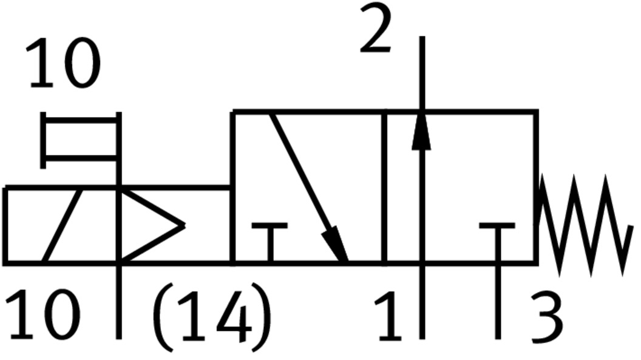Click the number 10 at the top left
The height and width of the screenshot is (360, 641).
point(63,63)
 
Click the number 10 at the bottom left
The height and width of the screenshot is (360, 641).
point(42,314)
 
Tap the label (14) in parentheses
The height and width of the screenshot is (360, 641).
point(212,317)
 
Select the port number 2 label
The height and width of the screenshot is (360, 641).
point(375,28)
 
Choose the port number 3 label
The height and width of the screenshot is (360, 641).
point(547,317)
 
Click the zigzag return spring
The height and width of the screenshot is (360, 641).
point(585,225)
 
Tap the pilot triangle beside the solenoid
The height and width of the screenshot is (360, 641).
point(151,225)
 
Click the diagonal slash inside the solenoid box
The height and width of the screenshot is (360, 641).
point(62,225)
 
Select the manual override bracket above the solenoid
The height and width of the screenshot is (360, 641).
point(81,140)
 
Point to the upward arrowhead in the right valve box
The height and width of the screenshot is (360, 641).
point(421,130)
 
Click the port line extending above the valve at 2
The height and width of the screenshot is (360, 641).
point(422,73)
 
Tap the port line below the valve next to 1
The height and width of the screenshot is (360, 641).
point(422,302)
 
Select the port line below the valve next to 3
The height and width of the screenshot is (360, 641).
point(498,302)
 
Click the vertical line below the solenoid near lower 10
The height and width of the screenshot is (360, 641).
point(118,302)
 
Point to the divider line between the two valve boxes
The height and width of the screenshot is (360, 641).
point(384,187)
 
